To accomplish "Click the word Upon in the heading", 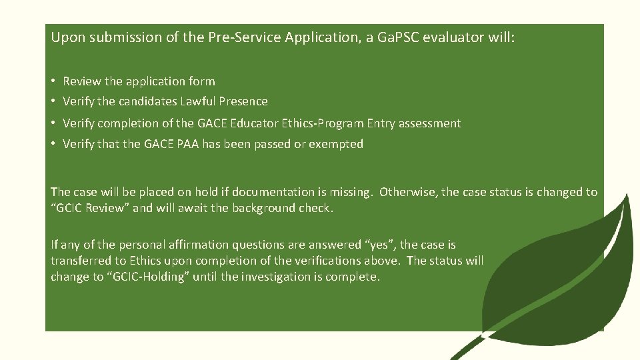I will (x=65, y=37).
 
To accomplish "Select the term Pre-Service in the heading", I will (x=250, y=37).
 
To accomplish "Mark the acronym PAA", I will (x=190, y=144).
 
